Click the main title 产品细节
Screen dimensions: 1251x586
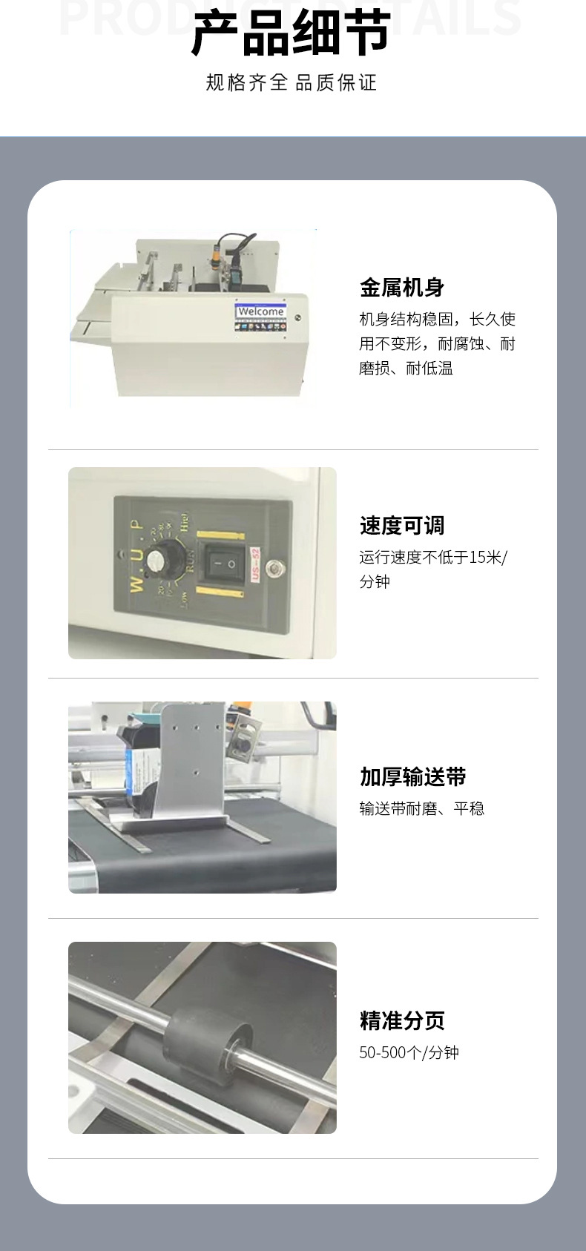click(291, 34)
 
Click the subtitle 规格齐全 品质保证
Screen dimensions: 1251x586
click(291, 82)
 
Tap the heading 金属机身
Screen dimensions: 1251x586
click(401, 287)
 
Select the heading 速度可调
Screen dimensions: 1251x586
click(401, 526)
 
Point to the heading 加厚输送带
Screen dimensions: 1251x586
click(412, 777)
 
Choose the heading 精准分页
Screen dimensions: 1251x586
click(401, 1020)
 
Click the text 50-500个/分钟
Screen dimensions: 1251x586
click(409, 1052)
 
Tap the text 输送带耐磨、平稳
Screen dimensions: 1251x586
click(421, 808)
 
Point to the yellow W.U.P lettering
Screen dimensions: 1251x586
click(136, 556)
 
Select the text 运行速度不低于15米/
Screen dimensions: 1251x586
click(433, 558)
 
